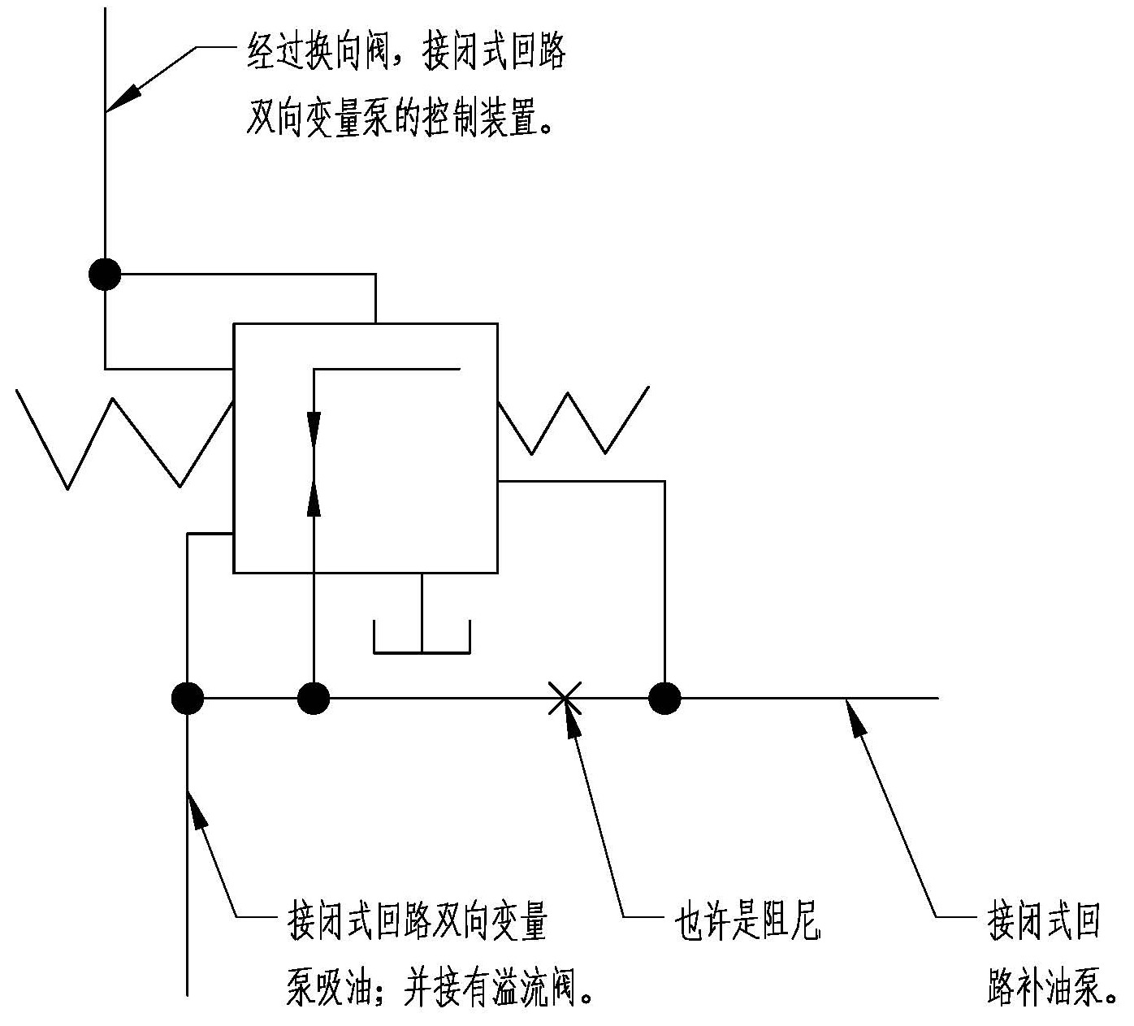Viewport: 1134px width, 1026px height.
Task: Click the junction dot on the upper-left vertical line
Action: [x=105, y=275]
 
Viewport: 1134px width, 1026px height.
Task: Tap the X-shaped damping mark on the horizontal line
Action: [x=564, y=697]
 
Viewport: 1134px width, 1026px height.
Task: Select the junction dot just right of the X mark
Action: [x=664, y=697]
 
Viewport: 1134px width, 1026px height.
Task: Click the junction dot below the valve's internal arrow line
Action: [x=314, y=697]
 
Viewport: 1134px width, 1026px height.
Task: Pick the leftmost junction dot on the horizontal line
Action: [x=188, y=697]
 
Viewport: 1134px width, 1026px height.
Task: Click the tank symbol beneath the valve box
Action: [x=422, y=638]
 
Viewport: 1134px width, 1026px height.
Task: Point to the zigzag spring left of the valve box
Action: [x=122, y=439]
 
